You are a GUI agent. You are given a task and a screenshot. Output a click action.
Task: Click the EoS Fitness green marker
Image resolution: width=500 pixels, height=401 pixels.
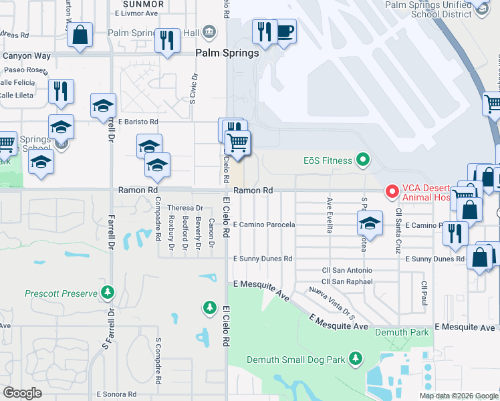point(363,160)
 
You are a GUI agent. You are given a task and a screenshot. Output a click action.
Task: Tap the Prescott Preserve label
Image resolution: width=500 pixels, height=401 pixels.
point(61,293)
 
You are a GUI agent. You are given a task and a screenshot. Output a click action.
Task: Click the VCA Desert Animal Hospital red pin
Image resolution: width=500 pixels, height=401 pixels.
point(392,192)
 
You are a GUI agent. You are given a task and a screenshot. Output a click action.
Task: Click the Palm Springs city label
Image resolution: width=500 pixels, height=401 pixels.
point(227,53)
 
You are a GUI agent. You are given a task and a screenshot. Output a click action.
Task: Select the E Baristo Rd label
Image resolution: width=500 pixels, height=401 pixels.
point(138,122)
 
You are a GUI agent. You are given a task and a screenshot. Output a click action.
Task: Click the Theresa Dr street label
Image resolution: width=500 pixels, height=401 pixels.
point(184,209)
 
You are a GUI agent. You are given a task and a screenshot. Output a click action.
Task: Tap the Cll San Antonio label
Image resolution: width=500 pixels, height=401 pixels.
point(347,271)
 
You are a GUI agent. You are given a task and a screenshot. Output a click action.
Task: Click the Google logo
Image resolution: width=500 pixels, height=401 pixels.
point(22,393)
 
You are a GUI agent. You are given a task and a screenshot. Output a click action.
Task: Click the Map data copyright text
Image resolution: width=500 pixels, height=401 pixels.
point(458,396)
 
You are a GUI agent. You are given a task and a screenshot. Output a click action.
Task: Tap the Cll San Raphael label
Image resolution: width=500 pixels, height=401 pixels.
point(347,282)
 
